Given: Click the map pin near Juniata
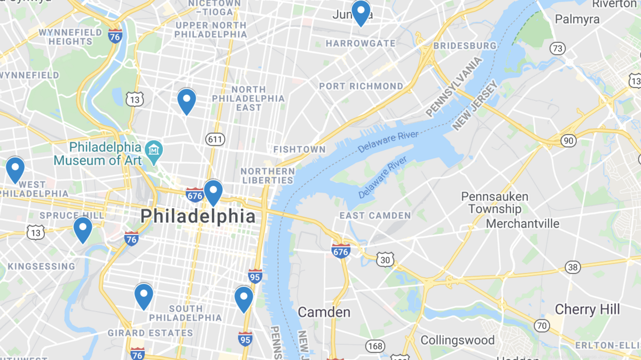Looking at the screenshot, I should [361, 12].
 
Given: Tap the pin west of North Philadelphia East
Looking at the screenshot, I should [186, 100].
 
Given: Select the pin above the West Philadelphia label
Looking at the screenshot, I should [15, 169].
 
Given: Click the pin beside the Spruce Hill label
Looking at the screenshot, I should [83, 228].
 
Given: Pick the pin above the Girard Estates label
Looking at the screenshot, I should [144, 295].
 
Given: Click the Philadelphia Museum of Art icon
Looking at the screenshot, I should [154, 148].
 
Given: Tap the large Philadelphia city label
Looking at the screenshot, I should [198, 216].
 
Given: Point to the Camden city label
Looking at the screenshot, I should [324, 312].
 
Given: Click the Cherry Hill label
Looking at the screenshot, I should [587, 309].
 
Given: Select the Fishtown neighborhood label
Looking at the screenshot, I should [299, 150].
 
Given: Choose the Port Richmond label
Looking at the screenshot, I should [361, 86].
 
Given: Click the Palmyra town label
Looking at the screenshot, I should [577, 20].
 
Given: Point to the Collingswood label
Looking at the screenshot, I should [457, 340].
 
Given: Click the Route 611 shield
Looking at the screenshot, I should [214, 139].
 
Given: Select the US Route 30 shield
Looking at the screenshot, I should [385, 260].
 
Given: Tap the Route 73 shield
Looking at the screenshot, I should [558, 49].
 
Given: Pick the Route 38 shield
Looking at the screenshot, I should [573, 267].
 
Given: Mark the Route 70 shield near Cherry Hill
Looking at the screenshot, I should [542, 325].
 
